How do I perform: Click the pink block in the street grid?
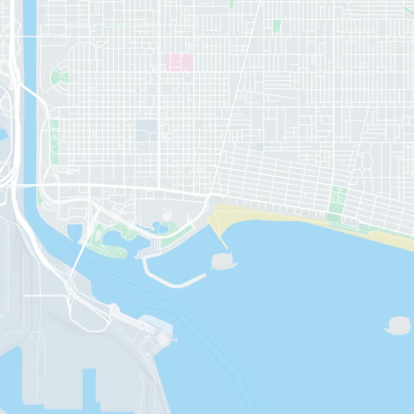coord(179,62)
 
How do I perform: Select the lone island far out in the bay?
coord(399,325)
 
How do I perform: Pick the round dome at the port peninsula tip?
coord(163,339)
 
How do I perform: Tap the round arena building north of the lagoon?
coord(167,214)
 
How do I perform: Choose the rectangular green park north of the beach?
coord(336,202)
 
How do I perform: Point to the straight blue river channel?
coord(30,103)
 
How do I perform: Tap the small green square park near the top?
coord(276,26)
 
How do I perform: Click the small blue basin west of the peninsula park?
coord(74,231)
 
